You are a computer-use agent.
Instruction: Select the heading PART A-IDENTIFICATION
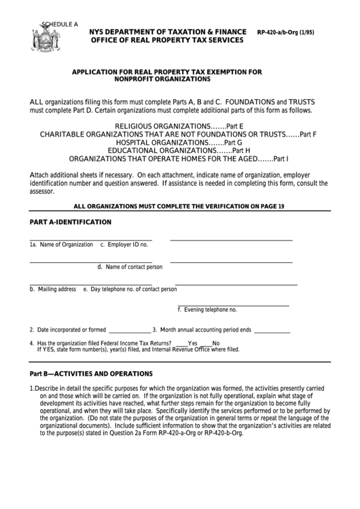pyautogui.click(x=70, y=222)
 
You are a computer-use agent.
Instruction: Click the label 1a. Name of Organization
pyautogui.click(x=61, y=244)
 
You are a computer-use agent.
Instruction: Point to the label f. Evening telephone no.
pyautogui.click(x=207, y=310)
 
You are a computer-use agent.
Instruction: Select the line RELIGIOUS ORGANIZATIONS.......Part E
pyautogui.click(x=179, y=126)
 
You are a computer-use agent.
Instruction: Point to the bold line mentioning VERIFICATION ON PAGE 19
pyautogui.click(x=179, y=205)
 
